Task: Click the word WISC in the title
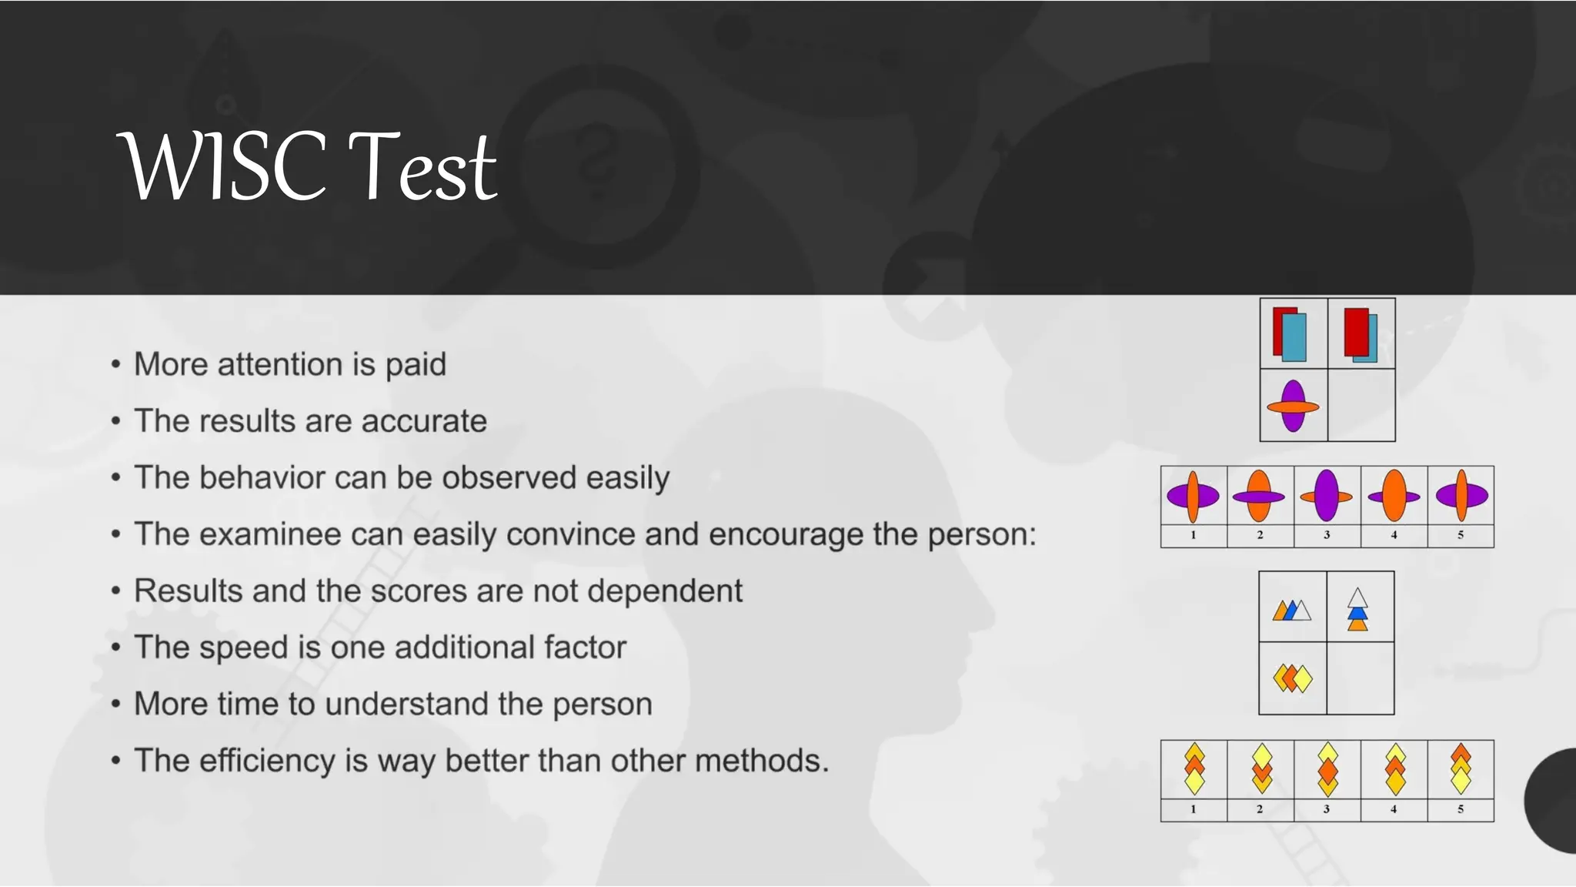tap(223, 166)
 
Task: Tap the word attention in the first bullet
tap(280, 364)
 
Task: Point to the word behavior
tap(262, 477)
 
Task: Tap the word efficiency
tap(266, 761)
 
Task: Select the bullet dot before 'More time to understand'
tap(115, 704)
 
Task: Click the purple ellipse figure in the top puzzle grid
tap(1293, 406)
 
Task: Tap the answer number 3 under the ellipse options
tap(1327, 535)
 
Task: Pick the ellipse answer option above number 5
tap(1461, 496)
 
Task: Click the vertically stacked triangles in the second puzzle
tap(1358, 609)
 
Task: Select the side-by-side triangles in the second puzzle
tap(1291, 611)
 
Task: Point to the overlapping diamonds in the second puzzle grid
tap(1292, 678)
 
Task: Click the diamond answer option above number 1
tap(1194, 768)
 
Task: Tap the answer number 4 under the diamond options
tap(1394, 809)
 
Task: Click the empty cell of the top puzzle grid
tap(1361, 405)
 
